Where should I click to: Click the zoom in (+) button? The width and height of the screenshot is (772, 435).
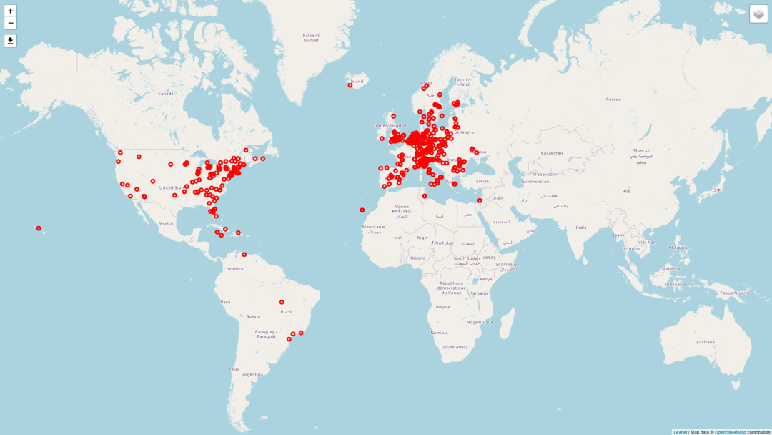[11, 11]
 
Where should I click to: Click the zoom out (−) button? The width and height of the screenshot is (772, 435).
[11, 24]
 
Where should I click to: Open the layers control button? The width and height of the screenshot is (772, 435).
[758, 14]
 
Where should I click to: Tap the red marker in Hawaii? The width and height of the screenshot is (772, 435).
[39, 228]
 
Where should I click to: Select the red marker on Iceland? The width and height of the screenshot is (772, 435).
[350, 85]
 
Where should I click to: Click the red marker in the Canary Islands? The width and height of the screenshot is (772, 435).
[362, 210]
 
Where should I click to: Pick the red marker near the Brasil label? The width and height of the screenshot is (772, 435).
[282, 302]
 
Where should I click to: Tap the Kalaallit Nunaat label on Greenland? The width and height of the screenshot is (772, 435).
[311, 37]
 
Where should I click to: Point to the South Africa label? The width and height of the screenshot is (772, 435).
[455, 347]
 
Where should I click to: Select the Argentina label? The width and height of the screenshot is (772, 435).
[252, 374]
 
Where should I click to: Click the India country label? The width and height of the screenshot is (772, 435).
[581, 228]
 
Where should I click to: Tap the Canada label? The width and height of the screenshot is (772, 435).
[166, 94]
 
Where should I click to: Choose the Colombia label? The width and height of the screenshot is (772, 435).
[233, 269]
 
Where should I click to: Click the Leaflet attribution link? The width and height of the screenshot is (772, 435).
[680, 432]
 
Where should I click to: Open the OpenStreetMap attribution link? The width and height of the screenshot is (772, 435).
[730, 432]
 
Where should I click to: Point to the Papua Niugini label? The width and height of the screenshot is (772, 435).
[734, 293]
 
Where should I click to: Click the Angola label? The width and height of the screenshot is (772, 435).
[443, 306]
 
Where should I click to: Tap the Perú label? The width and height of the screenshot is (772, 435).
[225, 302]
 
